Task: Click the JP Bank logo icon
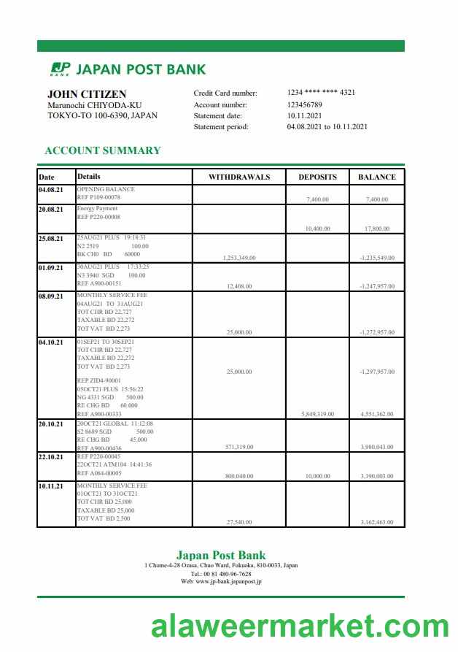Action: click(60, 69)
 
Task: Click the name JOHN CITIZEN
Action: click(87, 94)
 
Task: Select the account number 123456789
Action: click(305, 104)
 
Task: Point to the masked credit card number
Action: click(321, 93)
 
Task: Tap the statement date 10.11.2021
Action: click(305, 115)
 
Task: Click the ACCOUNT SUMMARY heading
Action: click(103, 150)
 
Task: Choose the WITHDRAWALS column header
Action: click(239, 177)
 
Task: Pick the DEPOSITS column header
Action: click(317, 177)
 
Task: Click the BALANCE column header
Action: click(376, 177)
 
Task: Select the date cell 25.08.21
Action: click(51, 239)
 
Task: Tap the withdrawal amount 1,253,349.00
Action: click(238, 258)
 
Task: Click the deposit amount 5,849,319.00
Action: click(317, 414)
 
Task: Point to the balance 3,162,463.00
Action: click(377, 522)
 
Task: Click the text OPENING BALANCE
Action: click(106, 189)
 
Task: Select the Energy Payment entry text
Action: click(97, 209)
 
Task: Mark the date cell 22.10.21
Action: click(51, 457)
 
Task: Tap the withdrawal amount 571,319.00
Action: click(239, 447)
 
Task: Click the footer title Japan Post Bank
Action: click(221, 555)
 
